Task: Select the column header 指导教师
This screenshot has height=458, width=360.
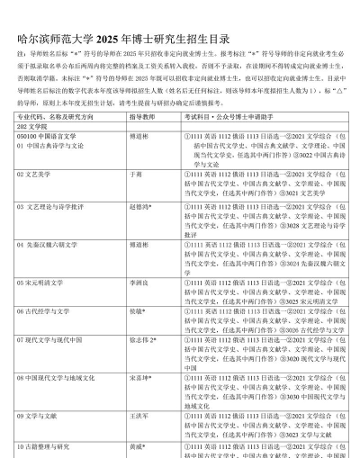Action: click(143, 118)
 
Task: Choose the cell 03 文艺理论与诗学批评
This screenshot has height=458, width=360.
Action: click(54, 207)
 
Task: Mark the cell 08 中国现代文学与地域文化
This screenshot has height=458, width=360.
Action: click(58, 378)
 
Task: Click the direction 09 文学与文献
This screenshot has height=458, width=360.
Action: click(41, 416)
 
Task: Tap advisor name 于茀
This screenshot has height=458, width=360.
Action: click(137, 172)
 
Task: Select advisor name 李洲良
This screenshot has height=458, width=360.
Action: click(139, 281)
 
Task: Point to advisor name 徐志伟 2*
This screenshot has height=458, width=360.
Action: click(143, 340)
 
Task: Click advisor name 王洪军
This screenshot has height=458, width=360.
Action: click(139, 416)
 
